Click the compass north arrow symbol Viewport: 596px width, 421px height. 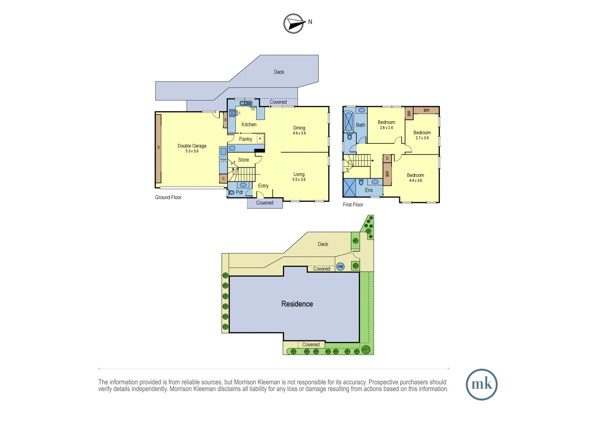point(294,23)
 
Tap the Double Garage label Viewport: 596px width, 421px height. point(192,148)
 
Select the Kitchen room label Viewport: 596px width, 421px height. point(249,124)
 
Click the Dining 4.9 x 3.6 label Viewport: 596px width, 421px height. point(299,130)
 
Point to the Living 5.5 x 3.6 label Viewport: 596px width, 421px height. point(299,177)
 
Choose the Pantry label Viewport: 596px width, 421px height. point(245,139)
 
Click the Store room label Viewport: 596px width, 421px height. point(243,160)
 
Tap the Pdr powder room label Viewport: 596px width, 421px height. point(239,192)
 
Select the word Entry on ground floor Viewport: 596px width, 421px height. point(263,186)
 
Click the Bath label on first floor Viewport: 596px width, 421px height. point(360,125)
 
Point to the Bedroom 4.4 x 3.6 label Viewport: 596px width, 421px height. point(415,178)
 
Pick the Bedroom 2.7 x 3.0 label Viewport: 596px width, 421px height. point(422,135)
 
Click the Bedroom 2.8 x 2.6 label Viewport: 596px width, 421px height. point(386,125)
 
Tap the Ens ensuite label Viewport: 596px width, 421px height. point(369,190)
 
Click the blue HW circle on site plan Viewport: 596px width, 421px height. point(341,267)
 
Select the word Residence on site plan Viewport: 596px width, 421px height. point(297,304)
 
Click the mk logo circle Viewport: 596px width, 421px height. point(482,384)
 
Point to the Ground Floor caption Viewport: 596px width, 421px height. point(168,197)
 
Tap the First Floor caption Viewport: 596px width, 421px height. point(353,205)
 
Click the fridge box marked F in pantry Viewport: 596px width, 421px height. point(260,139)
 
